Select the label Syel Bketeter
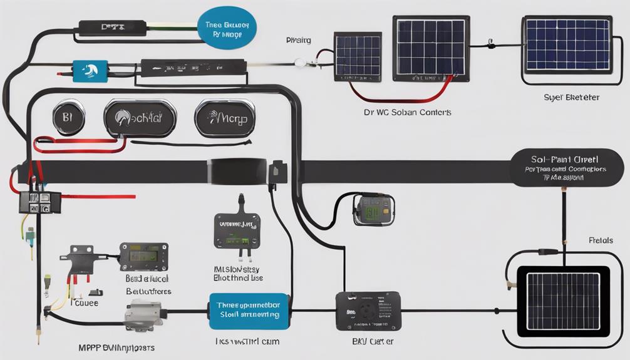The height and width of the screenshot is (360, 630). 571,98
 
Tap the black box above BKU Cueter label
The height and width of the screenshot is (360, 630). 367,310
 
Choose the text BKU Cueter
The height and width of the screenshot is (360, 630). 368,341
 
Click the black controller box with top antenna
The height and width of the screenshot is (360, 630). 237,229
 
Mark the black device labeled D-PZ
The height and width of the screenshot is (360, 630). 111,28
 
